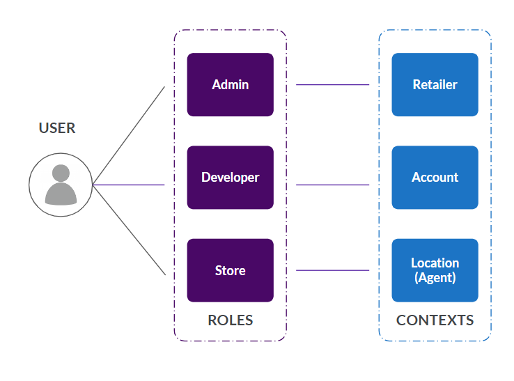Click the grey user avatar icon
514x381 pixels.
click(x=61, y=185)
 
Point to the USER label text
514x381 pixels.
click(x=57, y=128)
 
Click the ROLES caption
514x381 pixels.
click(x=230, y=320)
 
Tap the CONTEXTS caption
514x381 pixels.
click(x=435, y=320)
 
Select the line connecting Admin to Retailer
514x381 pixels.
click(x=332, y=85)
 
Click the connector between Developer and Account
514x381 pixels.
click(x=332, y=185)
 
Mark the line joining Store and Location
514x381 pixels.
click(x=332, y=270)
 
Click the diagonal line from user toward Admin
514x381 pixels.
click(x=129, y=135)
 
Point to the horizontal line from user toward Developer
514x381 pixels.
click(x=129, y=185)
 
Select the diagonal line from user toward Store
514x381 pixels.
click(x=129, y=230)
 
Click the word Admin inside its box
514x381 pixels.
click(x=230, y=85)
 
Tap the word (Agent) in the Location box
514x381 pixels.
click(x=435, y=277)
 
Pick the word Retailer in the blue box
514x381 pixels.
click(x=435, y=85)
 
